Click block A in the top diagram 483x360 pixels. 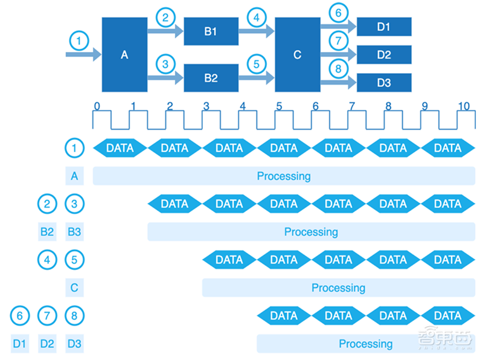coord(124,54)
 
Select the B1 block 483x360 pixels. coord(210,31)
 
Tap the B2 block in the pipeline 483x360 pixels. coord(210,77)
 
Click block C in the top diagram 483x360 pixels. coord(297,54)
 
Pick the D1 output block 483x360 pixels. coord(384,27)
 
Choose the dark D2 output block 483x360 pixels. coord(384,55)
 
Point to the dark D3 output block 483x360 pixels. coord(384,83)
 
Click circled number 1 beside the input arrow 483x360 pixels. coord(79,41)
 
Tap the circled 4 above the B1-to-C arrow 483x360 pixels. coord(256,18)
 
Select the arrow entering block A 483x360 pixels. coord(83,55)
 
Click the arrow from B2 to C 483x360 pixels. coord(256,77)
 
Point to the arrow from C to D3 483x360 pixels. coord(338,83)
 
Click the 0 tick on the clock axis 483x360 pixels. coord(97,106)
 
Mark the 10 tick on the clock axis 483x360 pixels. coord(464,106)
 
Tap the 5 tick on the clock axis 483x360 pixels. coord(279,106)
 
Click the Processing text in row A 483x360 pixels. coord(284,176)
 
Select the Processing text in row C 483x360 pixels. coord(338,288)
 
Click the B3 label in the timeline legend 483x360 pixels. coord(74,231)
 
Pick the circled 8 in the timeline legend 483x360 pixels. coord(74,315)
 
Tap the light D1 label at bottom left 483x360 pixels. coord(19,344)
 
